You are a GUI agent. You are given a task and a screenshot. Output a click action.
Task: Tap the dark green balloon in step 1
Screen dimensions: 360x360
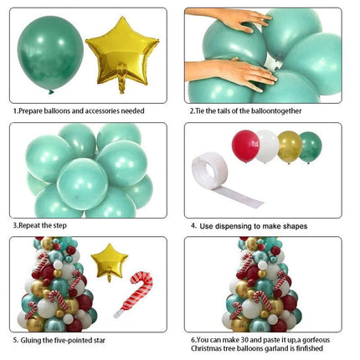coord(50,53)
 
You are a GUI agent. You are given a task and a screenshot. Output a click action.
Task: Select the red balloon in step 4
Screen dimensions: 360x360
coord(245,147)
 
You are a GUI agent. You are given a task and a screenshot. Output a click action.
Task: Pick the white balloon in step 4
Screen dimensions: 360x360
coord(267,147)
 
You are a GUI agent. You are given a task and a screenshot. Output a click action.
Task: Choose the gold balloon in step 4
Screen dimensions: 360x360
coord(290,147)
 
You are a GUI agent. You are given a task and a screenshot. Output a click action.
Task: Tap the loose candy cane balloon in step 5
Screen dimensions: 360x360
coord(136,294)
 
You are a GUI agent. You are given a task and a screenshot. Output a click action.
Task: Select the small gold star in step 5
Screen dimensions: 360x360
coord(109,261)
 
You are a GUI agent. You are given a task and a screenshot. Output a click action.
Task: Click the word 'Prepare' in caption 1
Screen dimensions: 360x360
coord(31,111)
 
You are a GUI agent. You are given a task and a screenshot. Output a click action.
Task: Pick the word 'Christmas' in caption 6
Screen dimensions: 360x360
coord(205,348)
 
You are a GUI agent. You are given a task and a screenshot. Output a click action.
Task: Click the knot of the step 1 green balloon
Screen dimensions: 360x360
coord(51,92)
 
